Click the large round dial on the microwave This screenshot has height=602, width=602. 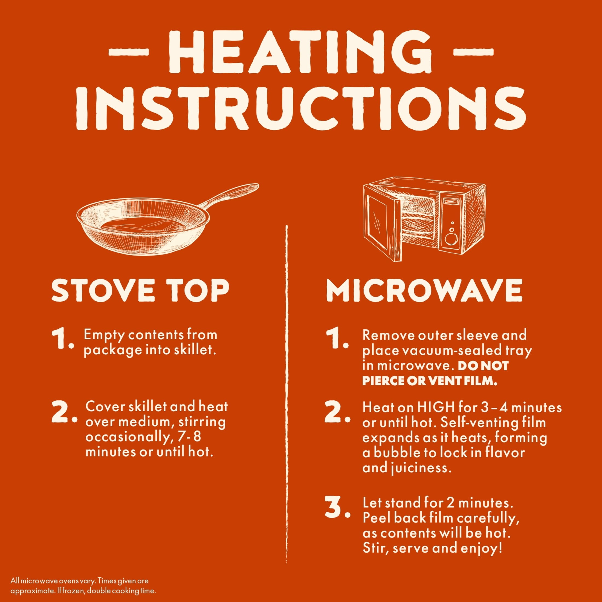coord(451,239)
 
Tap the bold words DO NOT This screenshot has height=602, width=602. coord(483,366)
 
